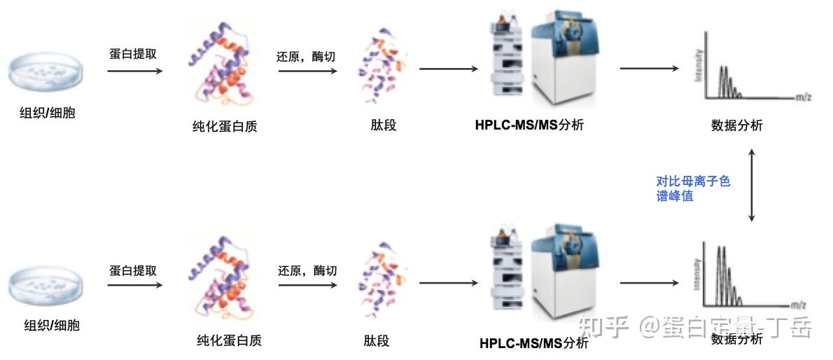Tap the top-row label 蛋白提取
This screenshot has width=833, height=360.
(133, 54)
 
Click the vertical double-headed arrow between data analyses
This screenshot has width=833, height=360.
(752, 185)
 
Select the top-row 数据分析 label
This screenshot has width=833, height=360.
(736, 126)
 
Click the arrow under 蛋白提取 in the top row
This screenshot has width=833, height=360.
(136, 71)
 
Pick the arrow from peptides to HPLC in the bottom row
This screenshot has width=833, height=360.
(448, 283)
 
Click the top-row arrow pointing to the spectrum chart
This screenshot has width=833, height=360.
(649, 68)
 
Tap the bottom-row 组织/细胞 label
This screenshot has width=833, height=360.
(52, 325)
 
